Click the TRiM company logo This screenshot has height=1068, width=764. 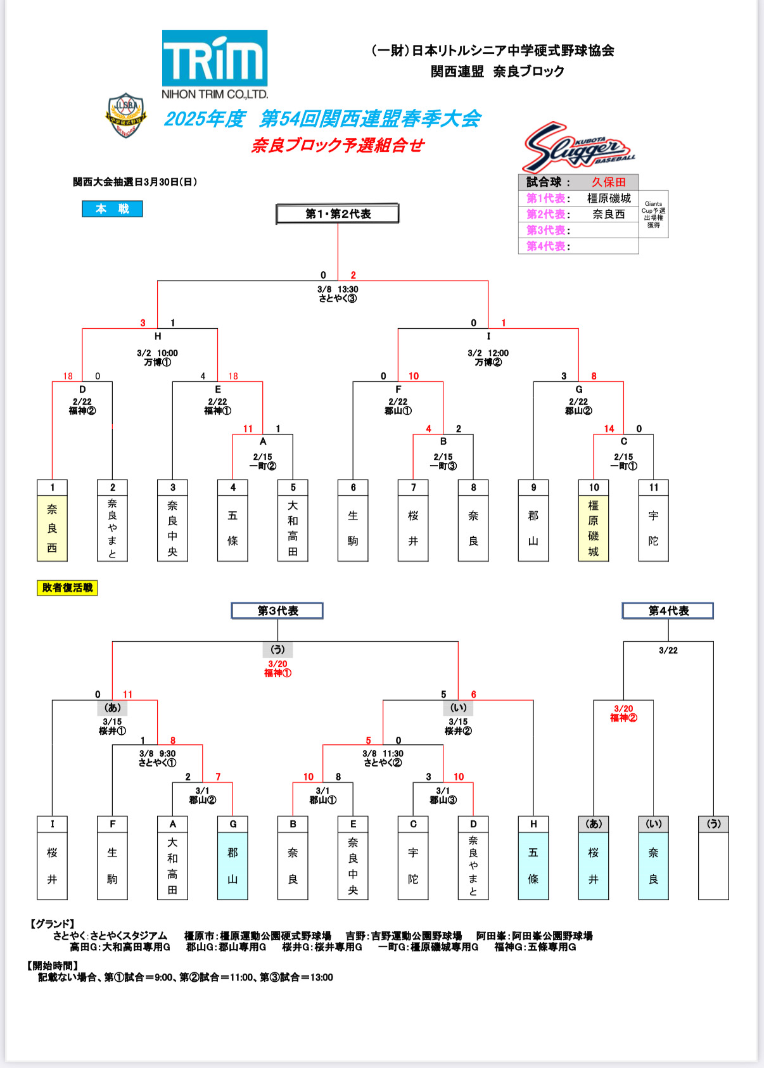[x=215, y=65]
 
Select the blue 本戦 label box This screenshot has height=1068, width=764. [x=112, y=209]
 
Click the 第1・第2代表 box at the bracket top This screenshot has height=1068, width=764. [x=338, y=214]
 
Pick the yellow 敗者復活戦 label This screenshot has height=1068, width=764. [x=67, y=588]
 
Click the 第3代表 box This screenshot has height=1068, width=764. [x=277, y=611]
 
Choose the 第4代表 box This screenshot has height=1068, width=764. [x=668, y=611]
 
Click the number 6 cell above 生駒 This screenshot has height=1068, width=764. [x=353, y=487]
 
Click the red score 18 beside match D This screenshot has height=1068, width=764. [x=68, y=376]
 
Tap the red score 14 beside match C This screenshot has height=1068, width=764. [x=609, y=429]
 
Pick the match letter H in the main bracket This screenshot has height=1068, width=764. [x=158, y=336]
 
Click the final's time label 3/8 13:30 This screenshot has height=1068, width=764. [x=338, y=289]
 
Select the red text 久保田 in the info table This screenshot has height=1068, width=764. [x=608, y=182]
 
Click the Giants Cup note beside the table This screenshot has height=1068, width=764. [x=653, y=214]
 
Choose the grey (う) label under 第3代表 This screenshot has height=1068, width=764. [x=277, y=649]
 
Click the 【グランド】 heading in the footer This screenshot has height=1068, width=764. [x=52, y=924]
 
